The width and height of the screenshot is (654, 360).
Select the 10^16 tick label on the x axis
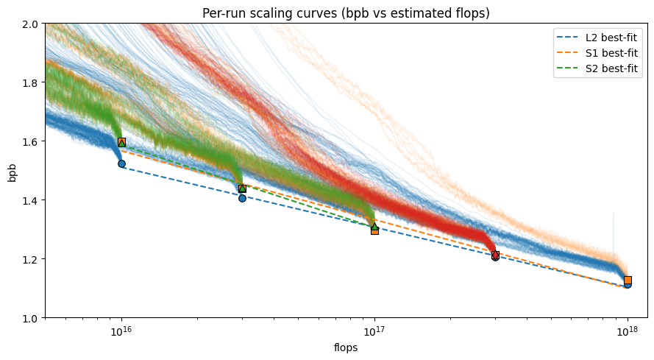(x=121, y=331)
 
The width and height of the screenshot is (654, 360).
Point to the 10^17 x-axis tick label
(x=374, y=331)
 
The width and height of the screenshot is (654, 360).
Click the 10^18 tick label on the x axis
(x=628, y=331)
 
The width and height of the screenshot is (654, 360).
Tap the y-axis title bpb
(x=12, y=171)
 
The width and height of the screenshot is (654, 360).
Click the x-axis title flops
(x=346, y=347)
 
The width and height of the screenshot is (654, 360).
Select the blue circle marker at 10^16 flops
(x=121, y=163)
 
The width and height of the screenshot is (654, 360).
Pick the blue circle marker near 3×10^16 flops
(x=242, y=197)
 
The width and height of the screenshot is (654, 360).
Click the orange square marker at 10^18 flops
(x=628, y=280)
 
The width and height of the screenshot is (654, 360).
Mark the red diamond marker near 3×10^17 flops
(x=495, y=255)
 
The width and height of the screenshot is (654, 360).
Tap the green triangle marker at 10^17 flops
(x=374, y=226)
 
